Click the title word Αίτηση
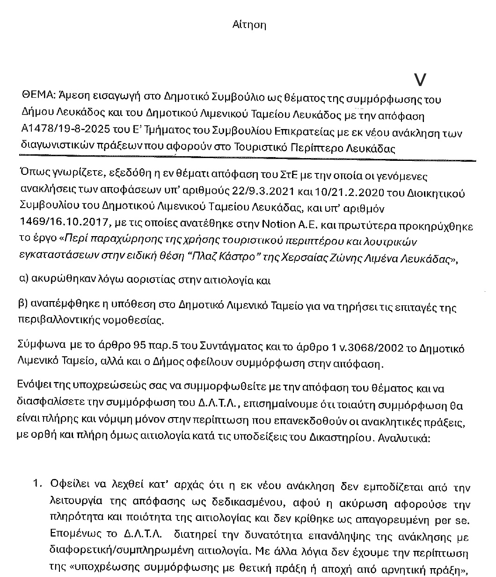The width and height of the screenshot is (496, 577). click(249, 25)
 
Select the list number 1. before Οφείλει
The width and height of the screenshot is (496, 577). click(38, 487)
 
